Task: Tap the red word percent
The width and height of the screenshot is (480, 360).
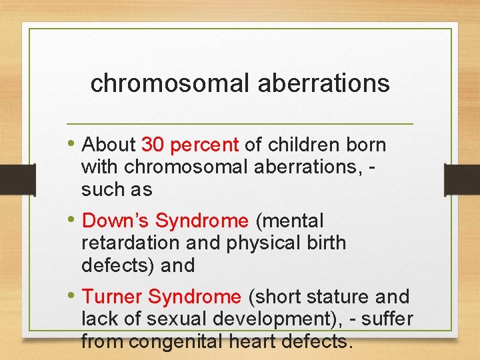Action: click(x=205, y=145)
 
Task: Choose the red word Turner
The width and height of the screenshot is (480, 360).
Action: click(x=112, y=297)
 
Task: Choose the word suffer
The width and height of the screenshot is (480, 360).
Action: click(x=390, y=319)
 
